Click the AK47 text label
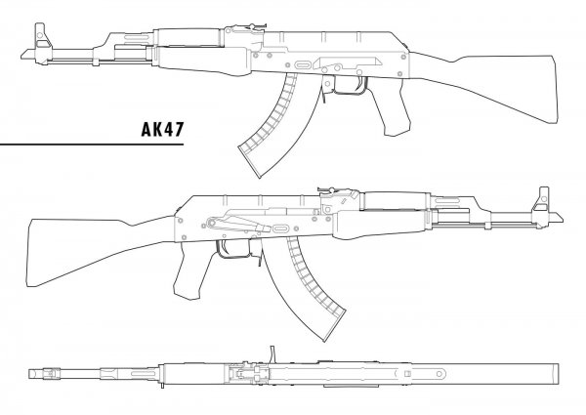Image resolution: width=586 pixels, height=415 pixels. coord(162,129)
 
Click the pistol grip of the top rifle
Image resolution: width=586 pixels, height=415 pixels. coord(391,108)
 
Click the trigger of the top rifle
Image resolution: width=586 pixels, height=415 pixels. coord(361,84)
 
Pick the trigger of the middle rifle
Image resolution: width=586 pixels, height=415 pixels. coord(223,248)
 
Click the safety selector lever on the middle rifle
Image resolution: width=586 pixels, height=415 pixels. coord(239,223)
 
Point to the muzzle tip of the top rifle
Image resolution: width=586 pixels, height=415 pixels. coord(21,56)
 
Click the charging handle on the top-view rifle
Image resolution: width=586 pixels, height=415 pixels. coord(273,354)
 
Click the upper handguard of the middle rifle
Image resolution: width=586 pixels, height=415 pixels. coord(396,200)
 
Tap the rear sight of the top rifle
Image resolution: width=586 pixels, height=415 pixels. coord(247,27)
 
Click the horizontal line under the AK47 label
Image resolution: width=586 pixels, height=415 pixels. coord(92,144)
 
